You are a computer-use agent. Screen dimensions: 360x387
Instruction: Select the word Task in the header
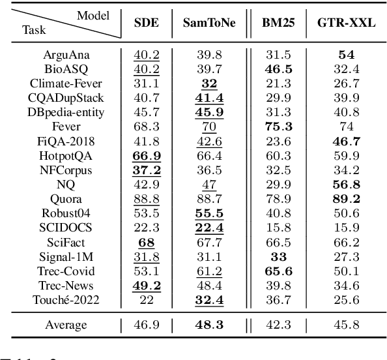(34, 29)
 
